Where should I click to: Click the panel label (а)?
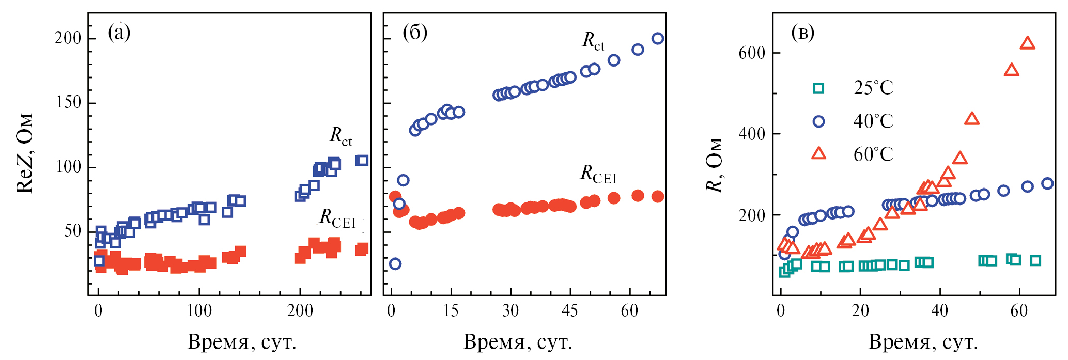point(119,33)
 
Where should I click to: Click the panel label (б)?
point(415,33)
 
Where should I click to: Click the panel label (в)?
point(802,33)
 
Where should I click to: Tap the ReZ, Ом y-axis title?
point(25,153)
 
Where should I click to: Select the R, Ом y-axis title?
point(714,165)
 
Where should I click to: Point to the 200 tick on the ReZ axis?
point(68,38)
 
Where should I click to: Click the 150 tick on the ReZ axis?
point(68,103)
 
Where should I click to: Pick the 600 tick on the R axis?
point(752,53)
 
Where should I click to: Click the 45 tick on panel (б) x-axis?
point(570,311)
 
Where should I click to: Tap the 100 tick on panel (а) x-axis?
point(199,311)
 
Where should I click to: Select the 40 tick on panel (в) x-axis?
point(939,311)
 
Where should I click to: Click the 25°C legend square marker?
point(818,88)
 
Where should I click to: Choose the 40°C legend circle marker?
point(818,121)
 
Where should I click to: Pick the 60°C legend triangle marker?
point(818,153)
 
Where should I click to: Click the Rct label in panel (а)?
point(341,136)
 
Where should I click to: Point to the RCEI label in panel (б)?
point(598,174)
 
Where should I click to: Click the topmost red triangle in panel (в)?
point(1028,43)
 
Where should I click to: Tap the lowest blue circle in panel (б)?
point(395,264)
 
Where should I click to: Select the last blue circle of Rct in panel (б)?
point(658,38)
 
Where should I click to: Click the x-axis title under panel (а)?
point(242,342)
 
